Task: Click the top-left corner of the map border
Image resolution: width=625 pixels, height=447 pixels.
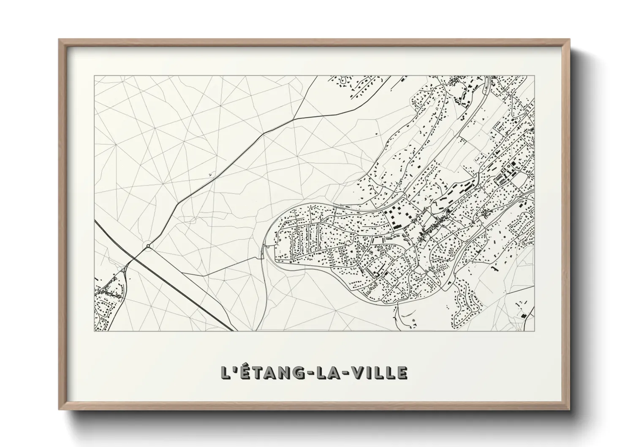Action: [x=94, y=76]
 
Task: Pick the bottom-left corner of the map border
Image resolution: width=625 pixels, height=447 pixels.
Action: [x=94, y=331]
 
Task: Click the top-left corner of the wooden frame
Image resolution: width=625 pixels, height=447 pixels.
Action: [x=59, y=39]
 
